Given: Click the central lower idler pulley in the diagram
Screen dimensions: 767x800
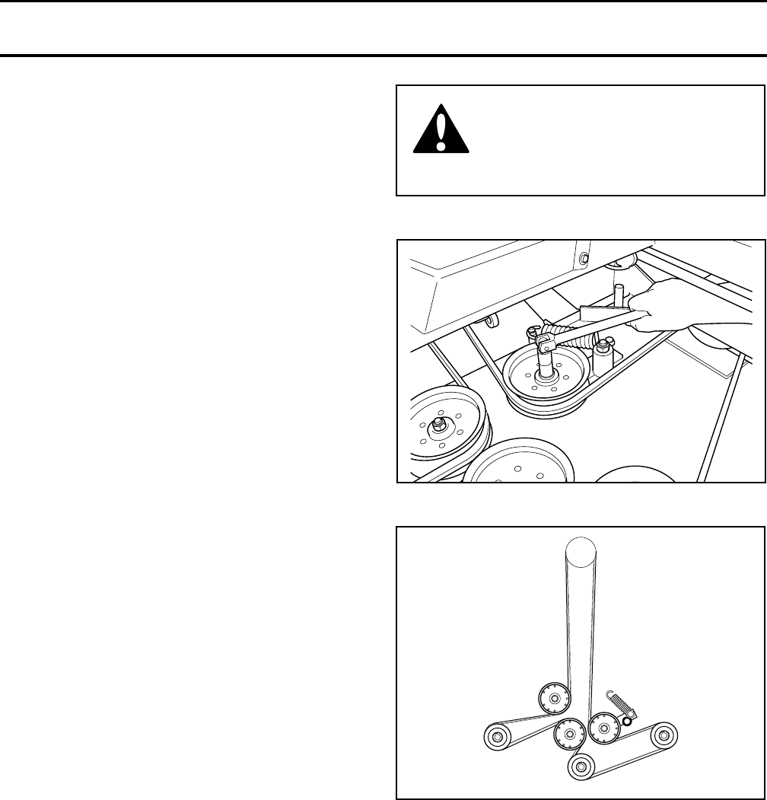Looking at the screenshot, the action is [568, 735].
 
